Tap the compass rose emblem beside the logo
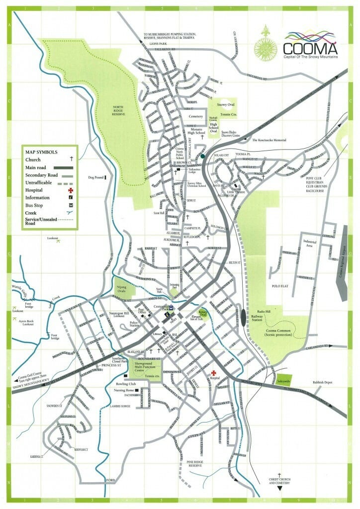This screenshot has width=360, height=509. point(266,45)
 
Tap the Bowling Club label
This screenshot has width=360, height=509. point(126,384)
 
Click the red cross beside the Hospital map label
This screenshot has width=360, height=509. point(214,372)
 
